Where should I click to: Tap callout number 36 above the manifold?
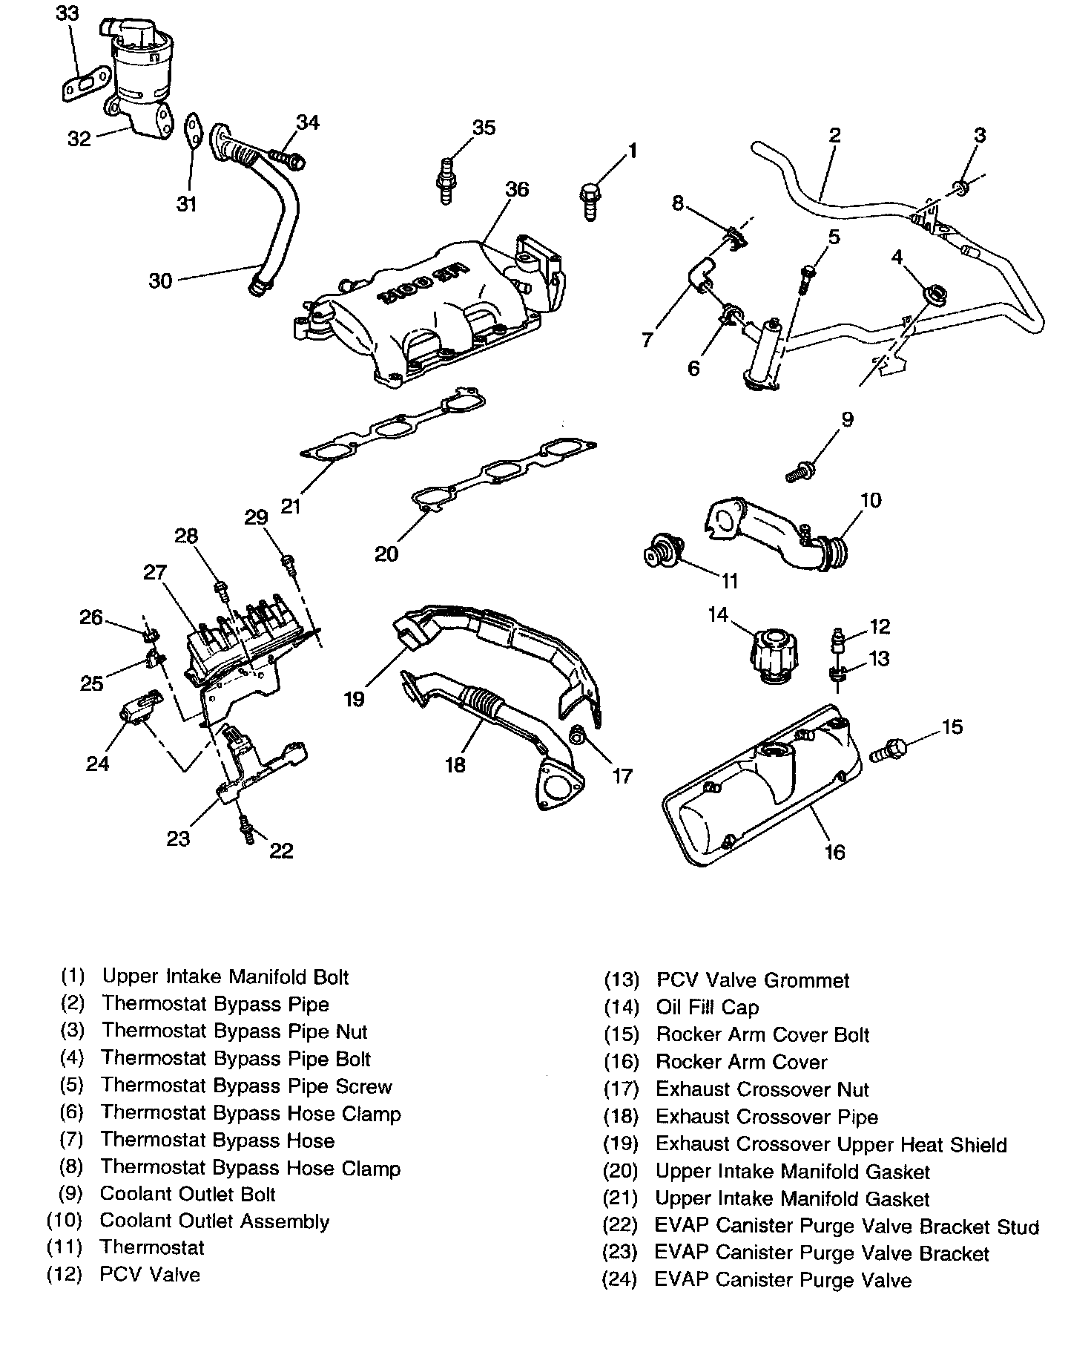tap(517, 189)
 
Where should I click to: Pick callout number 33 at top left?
tap(66, 13)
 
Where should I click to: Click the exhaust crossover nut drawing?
tap(578, 736)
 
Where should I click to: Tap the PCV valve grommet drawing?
tap(837, 674)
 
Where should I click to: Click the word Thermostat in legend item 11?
tap(152, 1247)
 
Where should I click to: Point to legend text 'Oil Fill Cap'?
tap(707, 1007)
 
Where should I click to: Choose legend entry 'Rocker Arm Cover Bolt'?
tap(762, 1034)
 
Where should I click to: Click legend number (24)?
tap(620, 1280)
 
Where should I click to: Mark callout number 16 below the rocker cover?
tap(834, 851)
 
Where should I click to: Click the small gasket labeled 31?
tap(194, 132)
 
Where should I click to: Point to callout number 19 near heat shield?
tap(355, 699)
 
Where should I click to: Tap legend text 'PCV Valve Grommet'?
tap(753, 980)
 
